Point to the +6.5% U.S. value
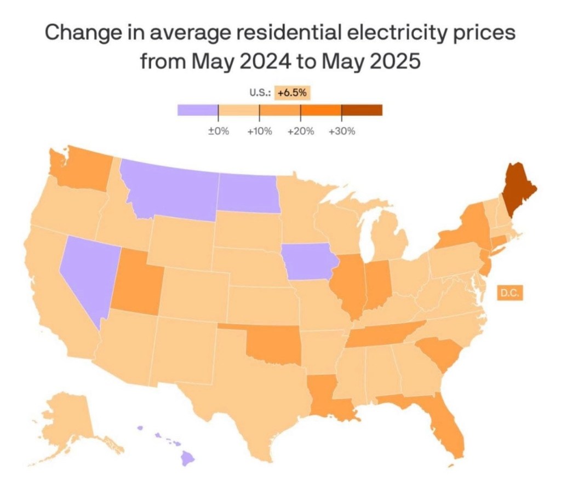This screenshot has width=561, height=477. pyautogui.click(x=293, y=93)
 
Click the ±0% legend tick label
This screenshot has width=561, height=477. pyautogui.click(x=219, y=131)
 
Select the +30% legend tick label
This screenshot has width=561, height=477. pyautogui.click(x=342, y=131)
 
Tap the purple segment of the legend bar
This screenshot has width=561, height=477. pyautogui.click(x=198, y=110)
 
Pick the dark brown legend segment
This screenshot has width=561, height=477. pyautogui.click(x=362, y=110)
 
